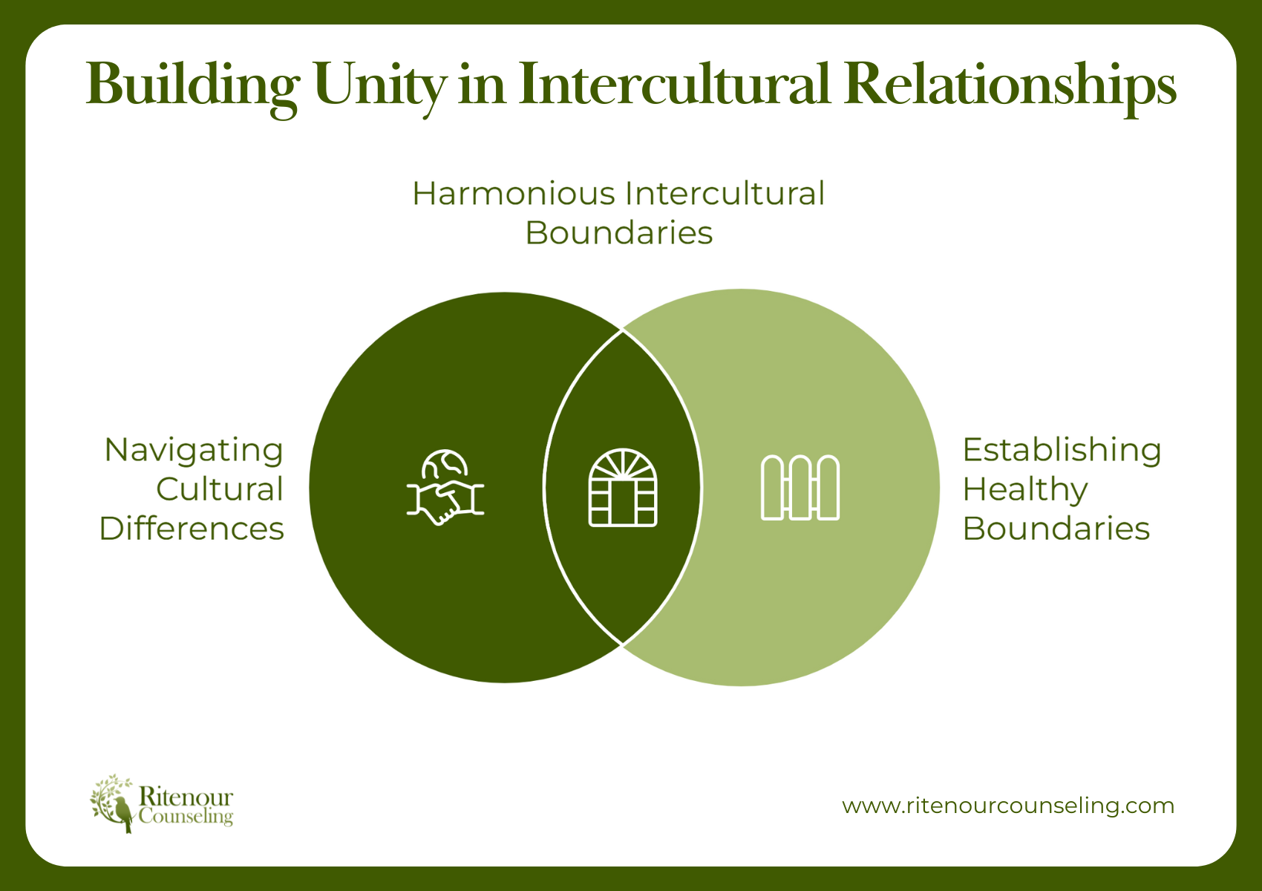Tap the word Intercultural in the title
(x=673, y=84)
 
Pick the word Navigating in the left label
(x=194, y=451)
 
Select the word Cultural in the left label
(x=220, y=489)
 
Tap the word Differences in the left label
(x=192, y=529)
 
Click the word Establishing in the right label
(x=1062, y=450)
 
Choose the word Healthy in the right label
(x=1025, y=490)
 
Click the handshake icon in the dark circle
(x=445, y=501)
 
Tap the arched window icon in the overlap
(x=623, y=488)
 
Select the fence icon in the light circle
(x=800, y=488)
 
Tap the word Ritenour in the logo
(x=186, y=797)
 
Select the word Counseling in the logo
(x=186, y=817)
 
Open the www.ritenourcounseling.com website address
(x=1008, y=806)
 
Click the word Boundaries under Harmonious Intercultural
(x=618, y=233)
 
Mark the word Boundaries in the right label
(x=1056, y=529)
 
